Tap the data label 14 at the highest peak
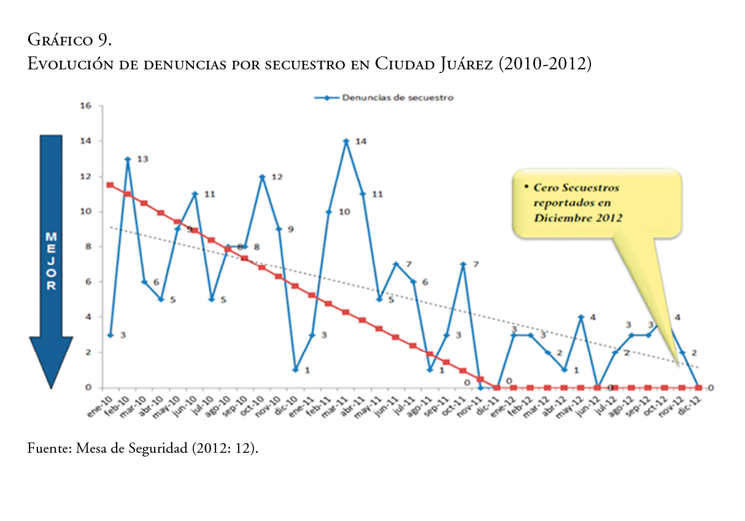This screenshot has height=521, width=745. (361, 141)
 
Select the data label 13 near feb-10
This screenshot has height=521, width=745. (142, 159)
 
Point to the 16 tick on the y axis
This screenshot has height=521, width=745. (86, 106)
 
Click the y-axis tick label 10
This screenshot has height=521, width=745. (86, 212)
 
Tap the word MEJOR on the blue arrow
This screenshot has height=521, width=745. (51, 261)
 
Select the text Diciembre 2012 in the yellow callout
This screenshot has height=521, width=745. (578, 218)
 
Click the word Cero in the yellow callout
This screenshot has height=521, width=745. (546, 187)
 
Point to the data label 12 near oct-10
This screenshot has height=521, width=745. (277, 177)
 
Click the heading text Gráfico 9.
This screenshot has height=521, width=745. (69, 41)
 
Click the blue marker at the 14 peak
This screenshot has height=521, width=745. (346, 141)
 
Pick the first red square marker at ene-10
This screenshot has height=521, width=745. (110, 185)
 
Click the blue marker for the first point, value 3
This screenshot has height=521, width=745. (110, 335)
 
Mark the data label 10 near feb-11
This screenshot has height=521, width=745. (344, 212)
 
